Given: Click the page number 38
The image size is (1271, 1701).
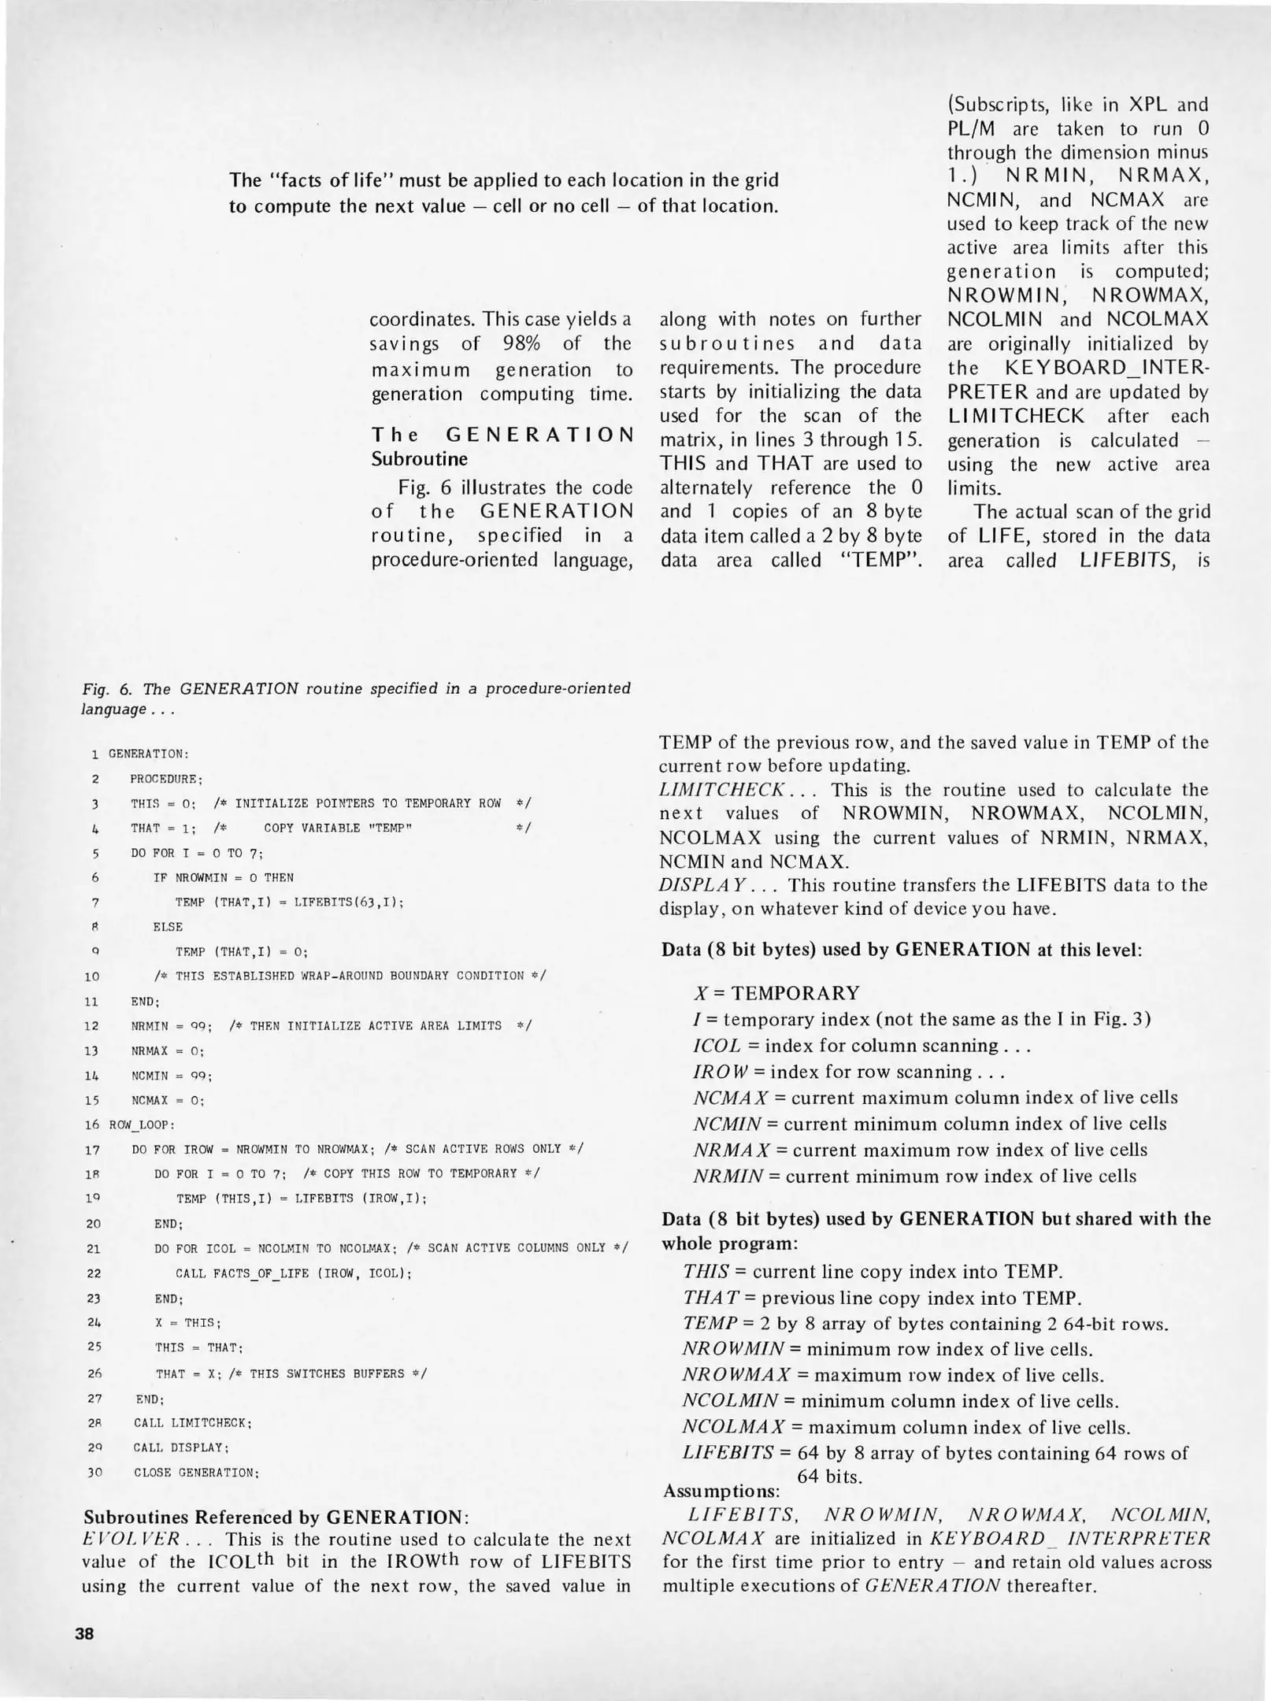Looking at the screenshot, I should pyautogui.click(x=84, y=1632).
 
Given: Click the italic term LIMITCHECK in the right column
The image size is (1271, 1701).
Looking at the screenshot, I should pyautogui.click(x=721, y=790).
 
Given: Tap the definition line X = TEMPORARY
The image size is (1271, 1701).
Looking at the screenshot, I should pyautogui.click(x=776, y=992).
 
